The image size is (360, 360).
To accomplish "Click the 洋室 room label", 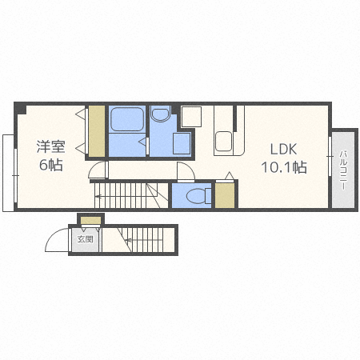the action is [x=50, y=146].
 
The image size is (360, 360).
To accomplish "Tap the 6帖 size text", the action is [x=51, y=165].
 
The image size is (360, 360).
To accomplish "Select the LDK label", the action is [x=283, y=149].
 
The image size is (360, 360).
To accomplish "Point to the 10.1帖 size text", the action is [x=284, y=167].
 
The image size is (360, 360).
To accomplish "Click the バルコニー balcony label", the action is [x=343, y=170].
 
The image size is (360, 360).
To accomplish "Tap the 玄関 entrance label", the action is [x=85, y=239].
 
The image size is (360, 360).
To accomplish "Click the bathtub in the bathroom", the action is [x=127, y=119].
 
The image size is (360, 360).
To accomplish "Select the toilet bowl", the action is [x=198, y=196].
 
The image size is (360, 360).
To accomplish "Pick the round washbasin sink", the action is [x=160, y=114].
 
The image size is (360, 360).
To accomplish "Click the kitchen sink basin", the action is [x=223, y=141].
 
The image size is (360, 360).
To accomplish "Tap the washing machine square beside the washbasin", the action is [x=182, y=143].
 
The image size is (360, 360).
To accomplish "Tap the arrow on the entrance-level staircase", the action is [x=144, y=240].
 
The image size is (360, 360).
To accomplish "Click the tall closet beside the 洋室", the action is [x=97, y=131].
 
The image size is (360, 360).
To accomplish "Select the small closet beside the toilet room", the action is [x=225, y=195].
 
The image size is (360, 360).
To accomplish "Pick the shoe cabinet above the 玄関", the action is [x=91, y=221].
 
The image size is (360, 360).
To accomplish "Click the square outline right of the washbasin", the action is [x=191, y=117].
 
